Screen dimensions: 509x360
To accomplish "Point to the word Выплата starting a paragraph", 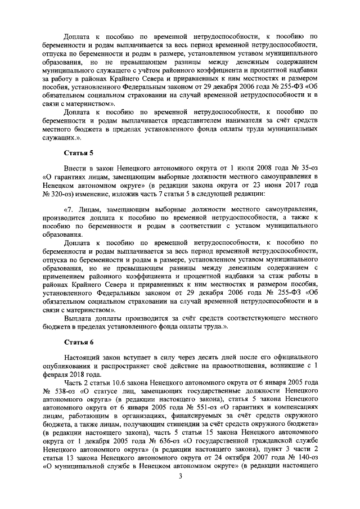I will (79, 319).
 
